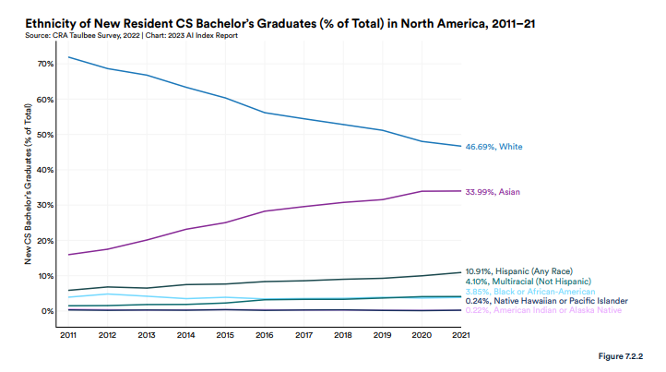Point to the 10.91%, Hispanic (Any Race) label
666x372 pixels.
(529, 271)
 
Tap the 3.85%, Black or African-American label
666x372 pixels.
(529, 291)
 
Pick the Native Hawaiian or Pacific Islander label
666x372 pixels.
(547, 301)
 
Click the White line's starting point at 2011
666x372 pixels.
(69, 57)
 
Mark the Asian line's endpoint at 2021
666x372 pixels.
(461, 191)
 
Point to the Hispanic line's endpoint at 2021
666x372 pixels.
(461, 272)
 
